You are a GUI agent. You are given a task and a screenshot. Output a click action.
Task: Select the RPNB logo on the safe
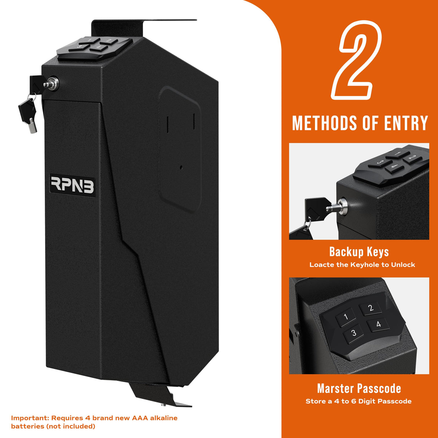point(72,184)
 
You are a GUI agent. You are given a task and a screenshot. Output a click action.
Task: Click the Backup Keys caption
point(359,251)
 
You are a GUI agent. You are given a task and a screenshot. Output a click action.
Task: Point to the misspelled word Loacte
point(321,265)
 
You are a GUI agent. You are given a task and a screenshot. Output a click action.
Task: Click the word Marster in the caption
point(335,389)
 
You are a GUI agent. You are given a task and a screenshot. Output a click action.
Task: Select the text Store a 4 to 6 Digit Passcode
point(358,401)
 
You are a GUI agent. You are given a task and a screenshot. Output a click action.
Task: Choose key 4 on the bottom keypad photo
point(378,324)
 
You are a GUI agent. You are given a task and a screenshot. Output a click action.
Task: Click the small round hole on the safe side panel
point(181,167)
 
